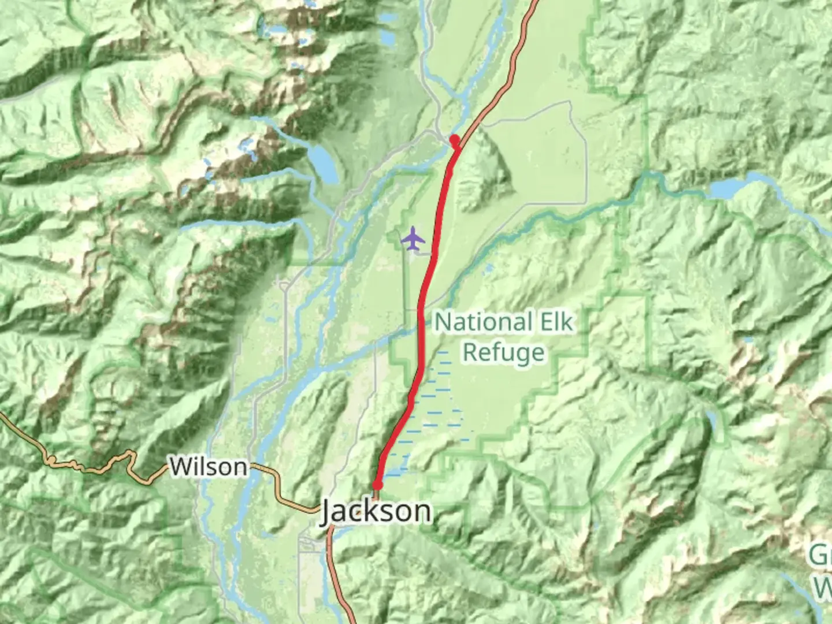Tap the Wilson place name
[x=208, y=466]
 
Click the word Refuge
[x=504, y=352]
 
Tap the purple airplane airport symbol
[x=413, y=239]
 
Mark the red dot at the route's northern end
[x=455, y=139]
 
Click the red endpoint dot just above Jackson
[x=377, y=485]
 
